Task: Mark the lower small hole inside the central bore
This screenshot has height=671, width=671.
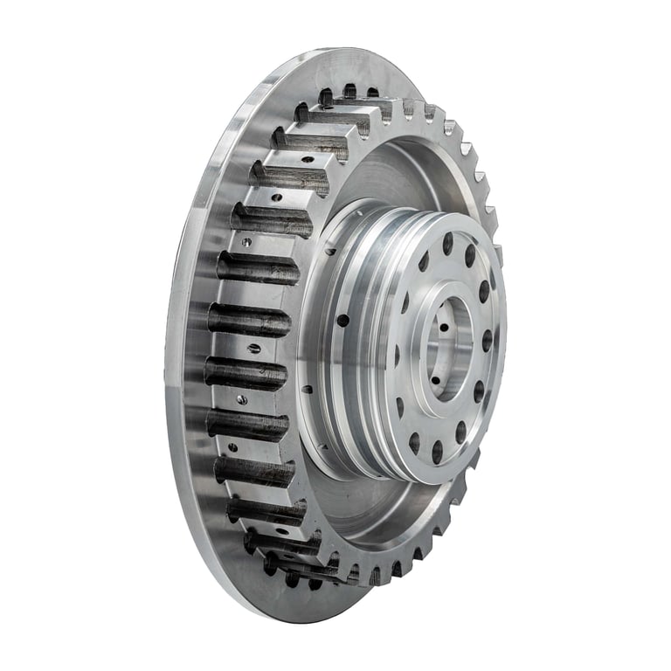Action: click(x=436, y=381)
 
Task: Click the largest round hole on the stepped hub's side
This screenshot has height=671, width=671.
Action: click(x=342, y=321)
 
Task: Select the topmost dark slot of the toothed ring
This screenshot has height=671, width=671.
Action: click(x=349, y=91)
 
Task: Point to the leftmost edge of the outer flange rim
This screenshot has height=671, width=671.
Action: click(x=168, y=349)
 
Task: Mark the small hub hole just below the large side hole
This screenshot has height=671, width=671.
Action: click(x=307, y=390)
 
